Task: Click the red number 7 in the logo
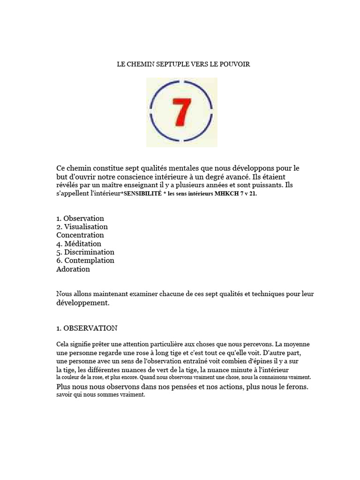(183, 112)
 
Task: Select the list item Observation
(84, 218)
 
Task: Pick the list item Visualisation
(86, 227)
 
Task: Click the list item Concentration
(80, 235)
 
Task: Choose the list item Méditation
(82, 244)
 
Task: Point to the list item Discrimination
(89, 252)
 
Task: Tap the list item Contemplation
(89, 261)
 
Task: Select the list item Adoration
(73, 269)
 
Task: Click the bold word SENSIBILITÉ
(142, 194)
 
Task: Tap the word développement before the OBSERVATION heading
(82, 303)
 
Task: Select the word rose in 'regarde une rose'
(141, 352)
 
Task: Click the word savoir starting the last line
(66, 395)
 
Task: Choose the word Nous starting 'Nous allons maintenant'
(64, 294)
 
